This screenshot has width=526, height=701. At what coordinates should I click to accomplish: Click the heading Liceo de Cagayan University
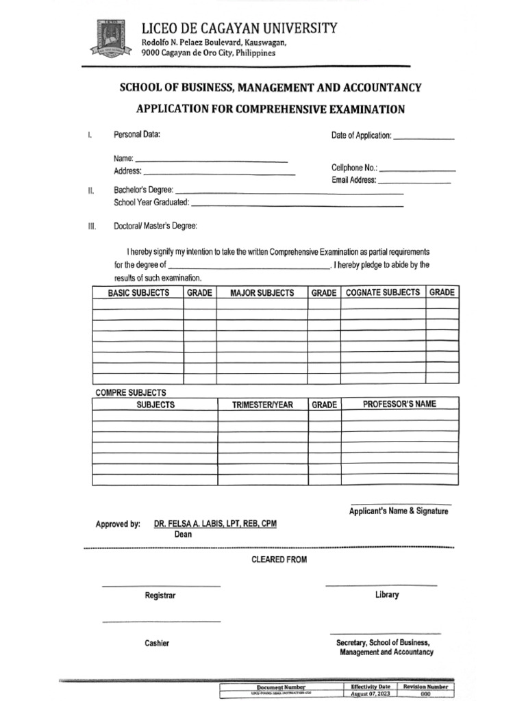239,28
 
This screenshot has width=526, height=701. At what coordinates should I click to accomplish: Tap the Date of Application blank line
424,139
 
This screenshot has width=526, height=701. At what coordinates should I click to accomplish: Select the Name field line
212,161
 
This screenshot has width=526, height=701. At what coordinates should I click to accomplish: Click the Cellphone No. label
354,168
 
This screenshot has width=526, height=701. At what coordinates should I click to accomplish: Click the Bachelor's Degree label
143,190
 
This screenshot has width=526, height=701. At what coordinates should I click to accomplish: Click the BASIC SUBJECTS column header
138,293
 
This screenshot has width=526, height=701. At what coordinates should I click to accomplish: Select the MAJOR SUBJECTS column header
262,293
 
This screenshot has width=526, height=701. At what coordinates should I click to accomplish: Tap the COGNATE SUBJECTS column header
383,292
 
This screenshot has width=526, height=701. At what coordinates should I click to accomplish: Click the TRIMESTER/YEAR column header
262,405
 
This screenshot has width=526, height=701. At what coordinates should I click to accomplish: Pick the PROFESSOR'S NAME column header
399,404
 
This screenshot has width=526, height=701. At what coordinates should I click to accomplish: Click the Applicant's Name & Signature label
399,511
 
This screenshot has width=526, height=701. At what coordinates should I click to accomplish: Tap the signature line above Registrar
161,586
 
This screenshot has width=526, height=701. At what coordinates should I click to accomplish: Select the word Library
386,595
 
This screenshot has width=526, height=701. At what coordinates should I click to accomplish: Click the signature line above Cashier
161,621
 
